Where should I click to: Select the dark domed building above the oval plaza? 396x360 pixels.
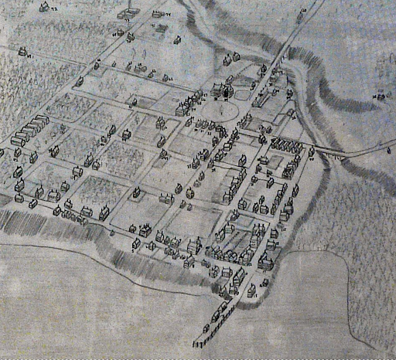pos(227,93)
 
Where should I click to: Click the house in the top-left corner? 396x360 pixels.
pos(43,8)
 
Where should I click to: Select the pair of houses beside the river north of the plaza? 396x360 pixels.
pos(230,58)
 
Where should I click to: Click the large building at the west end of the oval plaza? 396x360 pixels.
pos(186,108)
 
